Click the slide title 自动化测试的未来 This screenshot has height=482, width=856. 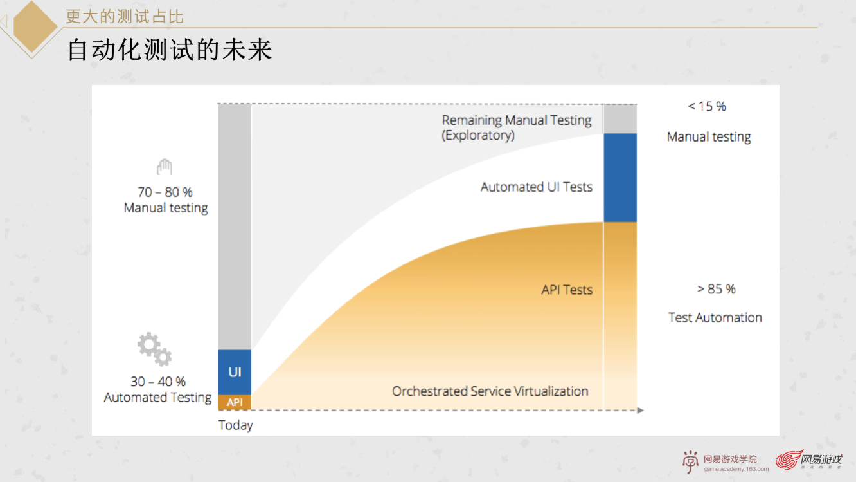(170, 50)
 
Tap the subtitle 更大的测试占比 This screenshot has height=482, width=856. (125, 17)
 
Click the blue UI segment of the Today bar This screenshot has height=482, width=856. (235, 372)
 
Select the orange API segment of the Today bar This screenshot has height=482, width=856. (235, 402)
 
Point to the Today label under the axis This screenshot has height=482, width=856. (235, 425)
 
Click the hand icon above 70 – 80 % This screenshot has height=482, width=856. (165, 167)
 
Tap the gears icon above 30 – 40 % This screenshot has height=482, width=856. (154, 349)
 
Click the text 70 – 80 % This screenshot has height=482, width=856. (165, 192)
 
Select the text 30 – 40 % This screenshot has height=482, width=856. (158, 382)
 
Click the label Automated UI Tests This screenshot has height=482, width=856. (537, 187)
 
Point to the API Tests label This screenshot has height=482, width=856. (567, 290)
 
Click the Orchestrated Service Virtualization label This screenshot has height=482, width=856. (490, 391)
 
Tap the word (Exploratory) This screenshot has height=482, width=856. (478, 135)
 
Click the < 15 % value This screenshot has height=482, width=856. (707, 106)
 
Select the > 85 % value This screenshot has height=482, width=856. (716, 289)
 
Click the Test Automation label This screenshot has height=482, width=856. (715, 317)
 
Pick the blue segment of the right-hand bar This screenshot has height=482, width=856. (620, 178)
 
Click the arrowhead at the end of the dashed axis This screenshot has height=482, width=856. (641, 411)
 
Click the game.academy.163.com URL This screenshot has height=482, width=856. (736, 469)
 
